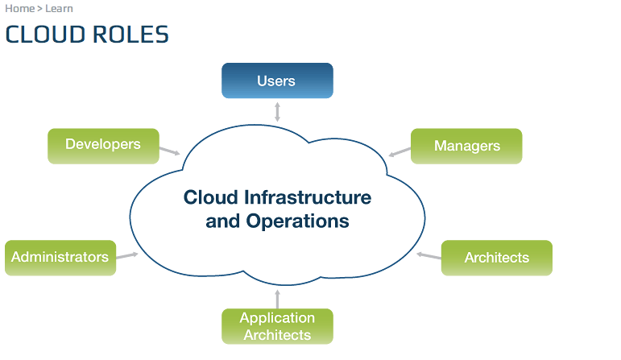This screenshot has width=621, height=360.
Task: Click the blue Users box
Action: point(277,81)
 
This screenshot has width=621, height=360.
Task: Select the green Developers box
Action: point(103,145)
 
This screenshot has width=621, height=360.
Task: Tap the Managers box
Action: point(466,146)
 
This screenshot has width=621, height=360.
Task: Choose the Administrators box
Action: point(60,258)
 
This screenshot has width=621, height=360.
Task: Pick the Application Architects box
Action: point(277,326)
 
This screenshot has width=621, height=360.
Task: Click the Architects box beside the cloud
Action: point(496,258)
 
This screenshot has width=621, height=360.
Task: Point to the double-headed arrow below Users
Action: point(277,111)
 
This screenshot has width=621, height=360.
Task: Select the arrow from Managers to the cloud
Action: point(400,151)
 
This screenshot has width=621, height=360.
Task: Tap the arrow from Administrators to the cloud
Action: point(127,256)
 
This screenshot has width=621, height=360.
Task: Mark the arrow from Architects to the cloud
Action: point(429,256)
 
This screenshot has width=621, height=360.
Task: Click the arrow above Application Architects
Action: point(277,299)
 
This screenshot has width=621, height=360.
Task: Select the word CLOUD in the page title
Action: point(42,35)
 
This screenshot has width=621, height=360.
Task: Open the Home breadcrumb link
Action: point(19,9)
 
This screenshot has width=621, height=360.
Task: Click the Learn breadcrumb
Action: point(59,9)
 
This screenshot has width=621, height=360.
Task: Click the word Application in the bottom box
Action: point(277,319)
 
